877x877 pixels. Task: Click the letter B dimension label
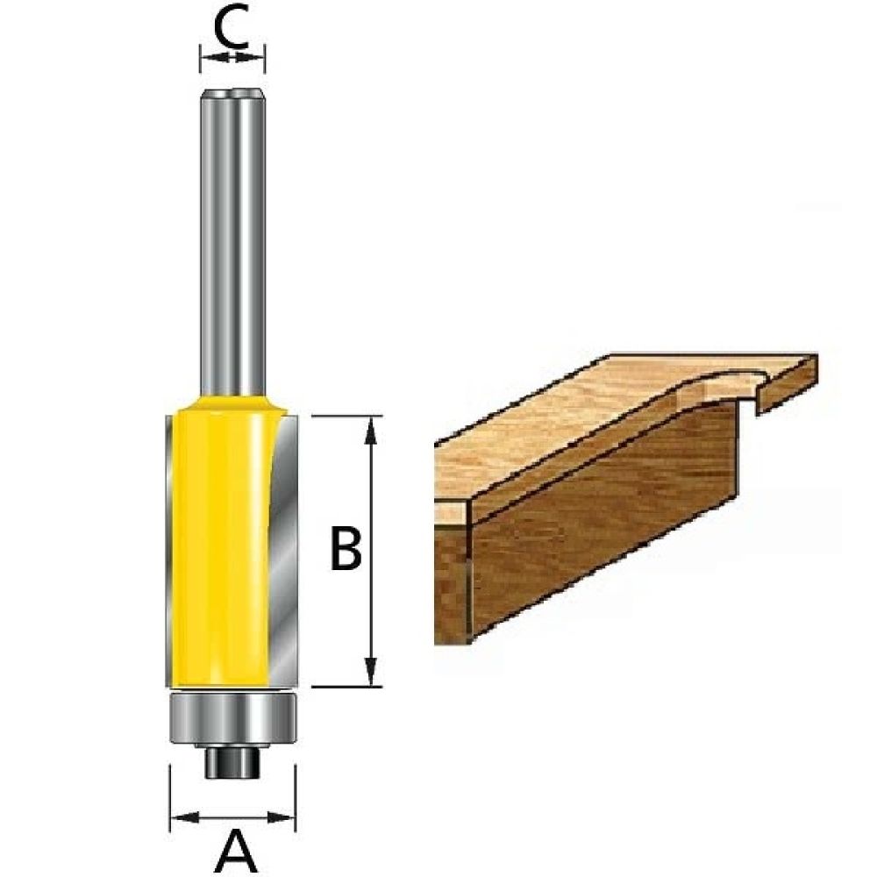(x=346, y=549)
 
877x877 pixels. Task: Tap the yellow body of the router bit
(x=219, y=544)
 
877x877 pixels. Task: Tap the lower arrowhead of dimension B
(x=374, y=675)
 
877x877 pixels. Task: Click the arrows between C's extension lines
(x=232, y=57)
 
